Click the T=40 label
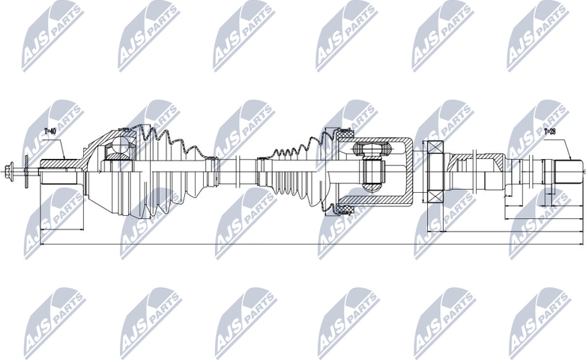(49, 132)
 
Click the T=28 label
(549, 132)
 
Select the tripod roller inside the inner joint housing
(369, 166)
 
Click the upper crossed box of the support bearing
(435, 148)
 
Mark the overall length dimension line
(300, 244)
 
